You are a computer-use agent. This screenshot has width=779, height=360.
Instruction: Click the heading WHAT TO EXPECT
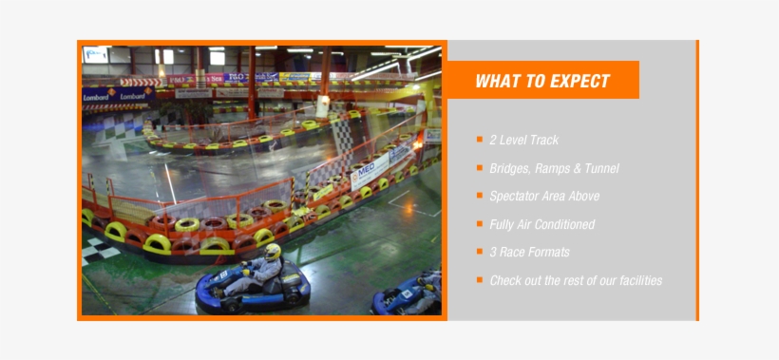click(541, 81)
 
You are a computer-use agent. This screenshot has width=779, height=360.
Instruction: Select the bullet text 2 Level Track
click(523, 140)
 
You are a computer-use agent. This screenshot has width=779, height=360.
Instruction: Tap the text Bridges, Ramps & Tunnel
click(554, 168)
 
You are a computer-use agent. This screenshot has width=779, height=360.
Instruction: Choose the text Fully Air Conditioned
click(541, 224)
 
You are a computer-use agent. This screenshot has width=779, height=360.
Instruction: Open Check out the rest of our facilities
click(576, 280)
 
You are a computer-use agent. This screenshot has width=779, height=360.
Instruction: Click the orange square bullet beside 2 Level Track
click(481, 140)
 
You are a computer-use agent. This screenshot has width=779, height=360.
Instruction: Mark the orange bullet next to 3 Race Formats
click(481, 252)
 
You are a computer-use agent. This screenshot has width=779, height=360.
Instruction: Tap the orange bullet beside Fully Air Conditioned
click(481, 224)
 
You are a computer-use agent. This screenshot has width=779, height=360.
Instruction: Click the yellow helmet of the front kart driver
click(273, 252)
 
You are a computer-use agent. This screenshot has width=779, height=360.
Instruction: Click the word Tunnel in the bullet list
click(601, 168)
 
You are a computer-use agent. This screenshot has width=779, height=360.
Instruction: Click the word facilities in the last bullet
click(637, 280)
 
